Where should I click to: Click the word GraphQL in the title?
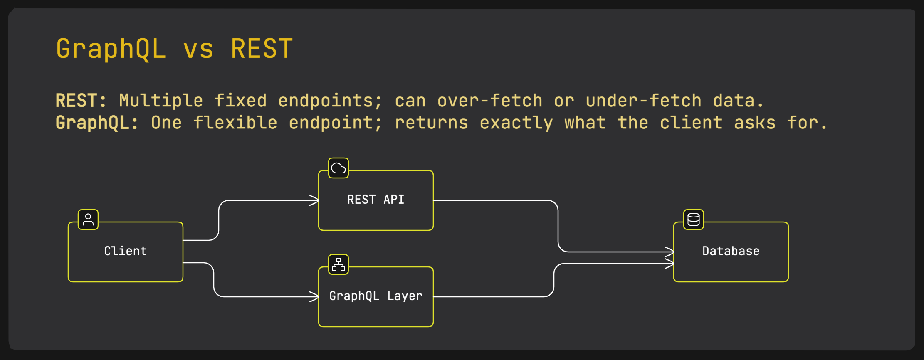click(111, 49)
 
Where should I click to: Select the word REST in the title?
click(262, 49)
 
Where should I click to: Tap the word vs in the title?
click(198, 49)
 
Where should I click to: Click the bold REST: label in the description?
click(81, 101)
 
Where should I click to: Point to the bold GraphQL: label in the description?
click(97, 123)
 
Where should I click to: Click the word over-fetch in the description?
click(490, 101)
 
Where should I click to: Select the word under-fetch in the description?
click(643, 101)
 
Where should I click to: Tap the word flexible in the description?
click(235, 123)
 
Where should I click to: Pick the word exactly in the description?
click(516, 123)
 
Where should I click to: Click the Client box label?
click(126, 251)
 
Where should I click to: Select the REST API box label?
click(376, 200)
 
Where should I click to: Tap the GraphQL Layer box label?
click(376, 296)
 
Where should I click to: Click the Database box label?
click(731, 251)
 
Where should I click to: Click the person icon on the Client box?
click(88, 219)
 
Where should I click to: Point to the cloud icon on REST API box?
click(338, 168)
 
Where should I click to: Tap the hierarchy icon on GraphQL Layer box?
click(338, 264)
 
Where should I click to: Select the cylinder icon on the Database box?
click(694, 219)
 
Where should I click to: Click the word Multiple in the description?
click(161, 101)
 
